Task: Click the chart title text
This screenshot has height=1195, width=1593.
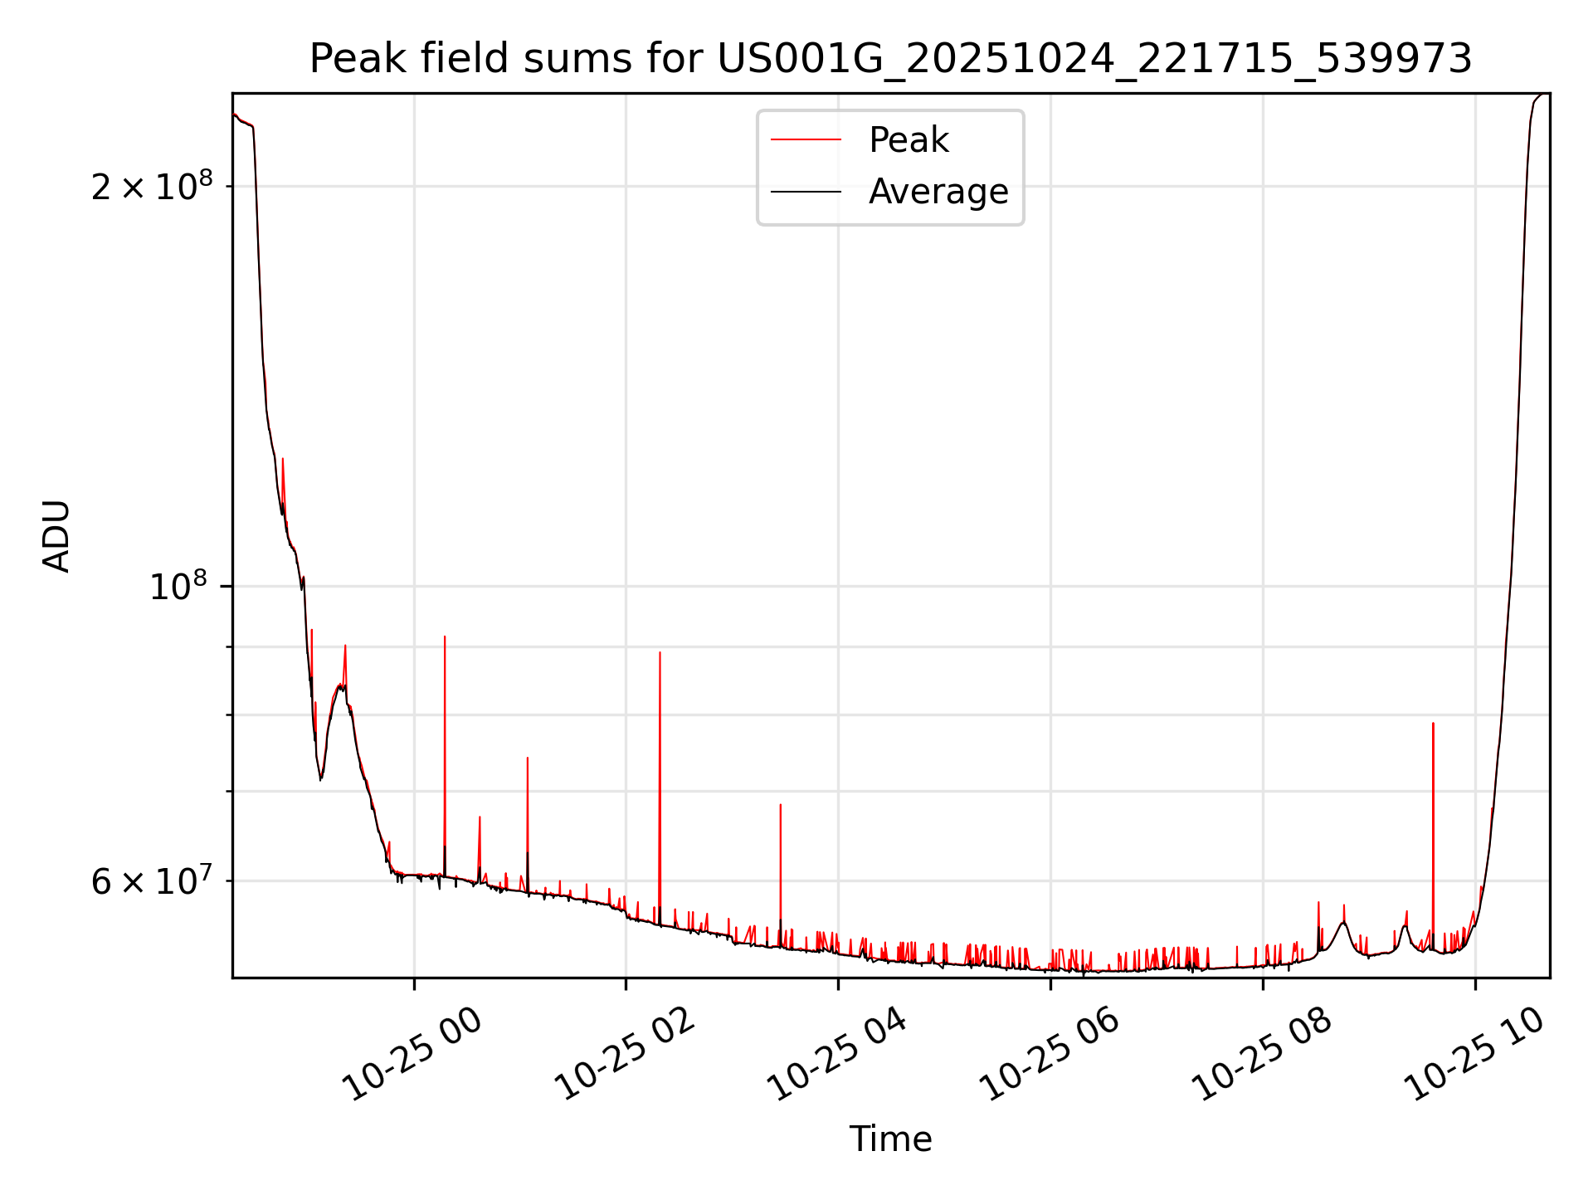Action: (x=890, y=59)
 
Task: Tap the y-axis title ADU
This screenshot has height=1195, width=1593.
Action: (x=56, y=536)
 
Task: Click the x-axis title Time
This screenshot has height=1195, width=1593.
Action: (x=890, y=1139)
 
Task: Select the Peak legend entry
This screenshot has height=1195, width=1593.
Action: (x=908, y=140)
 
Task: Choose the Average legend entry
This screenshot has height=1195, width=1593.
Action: (x=938, y=192)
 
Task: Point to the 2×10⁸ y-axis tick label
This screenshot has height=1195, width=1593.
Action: (x=152, y=187)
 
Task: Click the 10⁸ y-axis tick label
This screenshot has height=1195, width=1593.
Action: (x=178, y=587)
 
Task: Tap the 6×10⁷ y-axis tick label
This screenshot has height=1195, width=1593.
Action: (x=152, y=881)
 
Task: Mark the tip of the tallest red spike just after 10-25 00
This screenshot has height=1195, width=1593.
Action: (x=445, y=637)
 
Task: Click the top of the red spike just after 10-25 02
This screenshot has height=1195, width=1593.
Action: (x=660, y=652)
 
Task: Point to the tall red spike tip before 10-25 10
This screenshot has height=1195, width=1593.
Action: (x=1433, y=724)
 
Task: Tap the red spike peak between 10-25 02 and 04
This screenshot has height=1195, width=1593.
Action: (x=780, y=805)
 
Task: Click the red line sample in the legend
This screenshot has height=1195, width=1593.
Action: (x=806, y=140)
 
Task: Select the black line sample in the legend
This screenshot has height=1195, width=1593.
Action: (x=806, y=192)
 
